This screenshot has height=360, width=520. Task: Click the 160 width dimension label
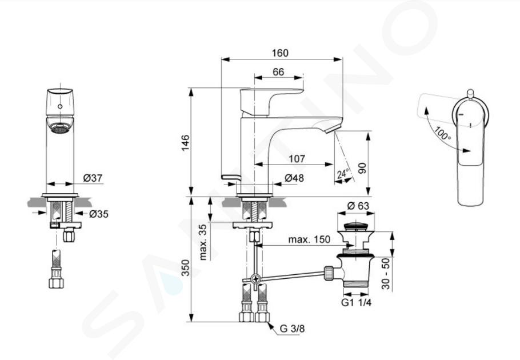280,53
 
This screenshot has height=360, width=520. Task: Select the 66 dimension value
279,72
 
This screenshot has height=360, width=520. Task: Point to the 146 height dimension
185,142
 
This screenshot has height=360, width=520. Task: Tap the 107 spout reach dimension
297,159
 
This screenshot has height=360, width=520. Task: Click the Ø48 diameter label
294,178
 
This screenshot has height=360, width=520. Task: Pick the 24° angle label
343,173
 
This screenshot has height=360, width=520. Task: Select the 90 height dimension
362,168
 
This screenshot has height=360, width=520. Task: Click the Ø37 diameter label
93,178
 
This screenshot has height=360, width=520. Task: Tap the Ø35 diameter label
99,214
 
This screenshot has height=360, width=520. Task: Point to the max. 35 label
203,242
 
